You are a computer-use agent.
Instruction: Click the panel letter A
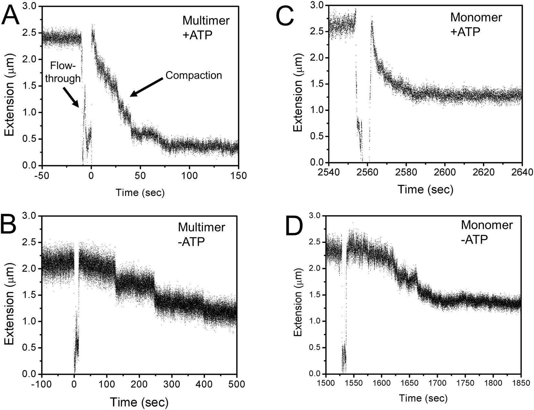pyautogui.click(x=10, y=16)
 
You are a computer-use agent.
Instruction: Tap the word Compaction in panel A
pyautogui.click(x=194, y=75)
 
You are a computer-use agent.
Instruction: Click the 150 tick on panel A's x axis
pyautogui.click(x=239, y=176)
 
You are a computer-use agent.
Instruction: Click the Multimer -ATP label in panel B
pyautogui.click(x=201, y=234)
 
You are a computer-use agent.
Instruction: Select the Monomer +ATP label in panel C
pyautogui.click(x=476, y=24)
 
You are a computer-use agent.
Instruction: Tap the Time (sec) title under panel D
pyautogui.click(x=423, y=398)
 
